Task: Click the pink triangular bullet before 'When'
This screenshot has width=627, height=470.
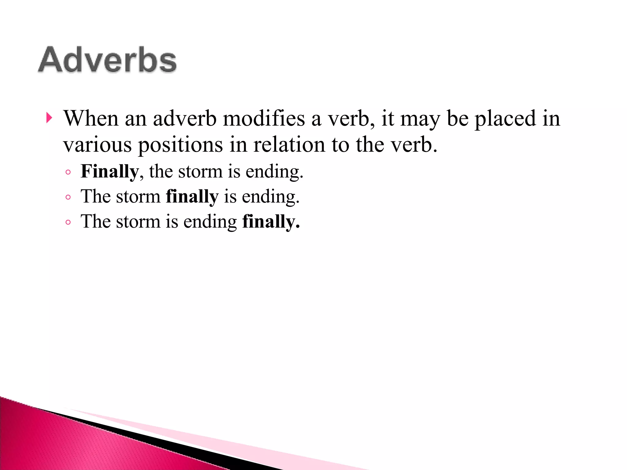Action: (49, 118)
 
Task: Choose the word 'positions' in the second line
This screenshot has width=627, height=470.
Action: (181, 145)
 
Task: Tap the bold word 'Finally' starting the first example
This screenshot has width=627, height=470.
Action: (110, 171)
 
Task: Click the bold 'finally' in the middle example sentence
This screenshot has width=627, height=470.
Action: (192, 196)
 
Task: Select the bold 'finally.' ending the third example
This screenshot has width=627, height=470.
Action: (271, 222)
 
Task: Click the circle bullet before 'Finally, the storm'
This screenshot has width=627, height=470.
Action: (68, 172)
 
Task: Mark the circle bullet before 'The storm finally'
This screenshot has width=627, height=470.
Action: (68, 197)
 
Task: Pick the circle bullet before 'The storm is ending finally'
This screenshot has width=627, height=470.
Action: (68, 222)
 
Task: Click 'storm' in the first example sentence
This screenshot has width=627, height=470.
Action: (200, 171)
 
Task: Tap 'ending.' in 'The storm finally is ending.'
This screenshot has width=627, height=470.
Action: (271, 197)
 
